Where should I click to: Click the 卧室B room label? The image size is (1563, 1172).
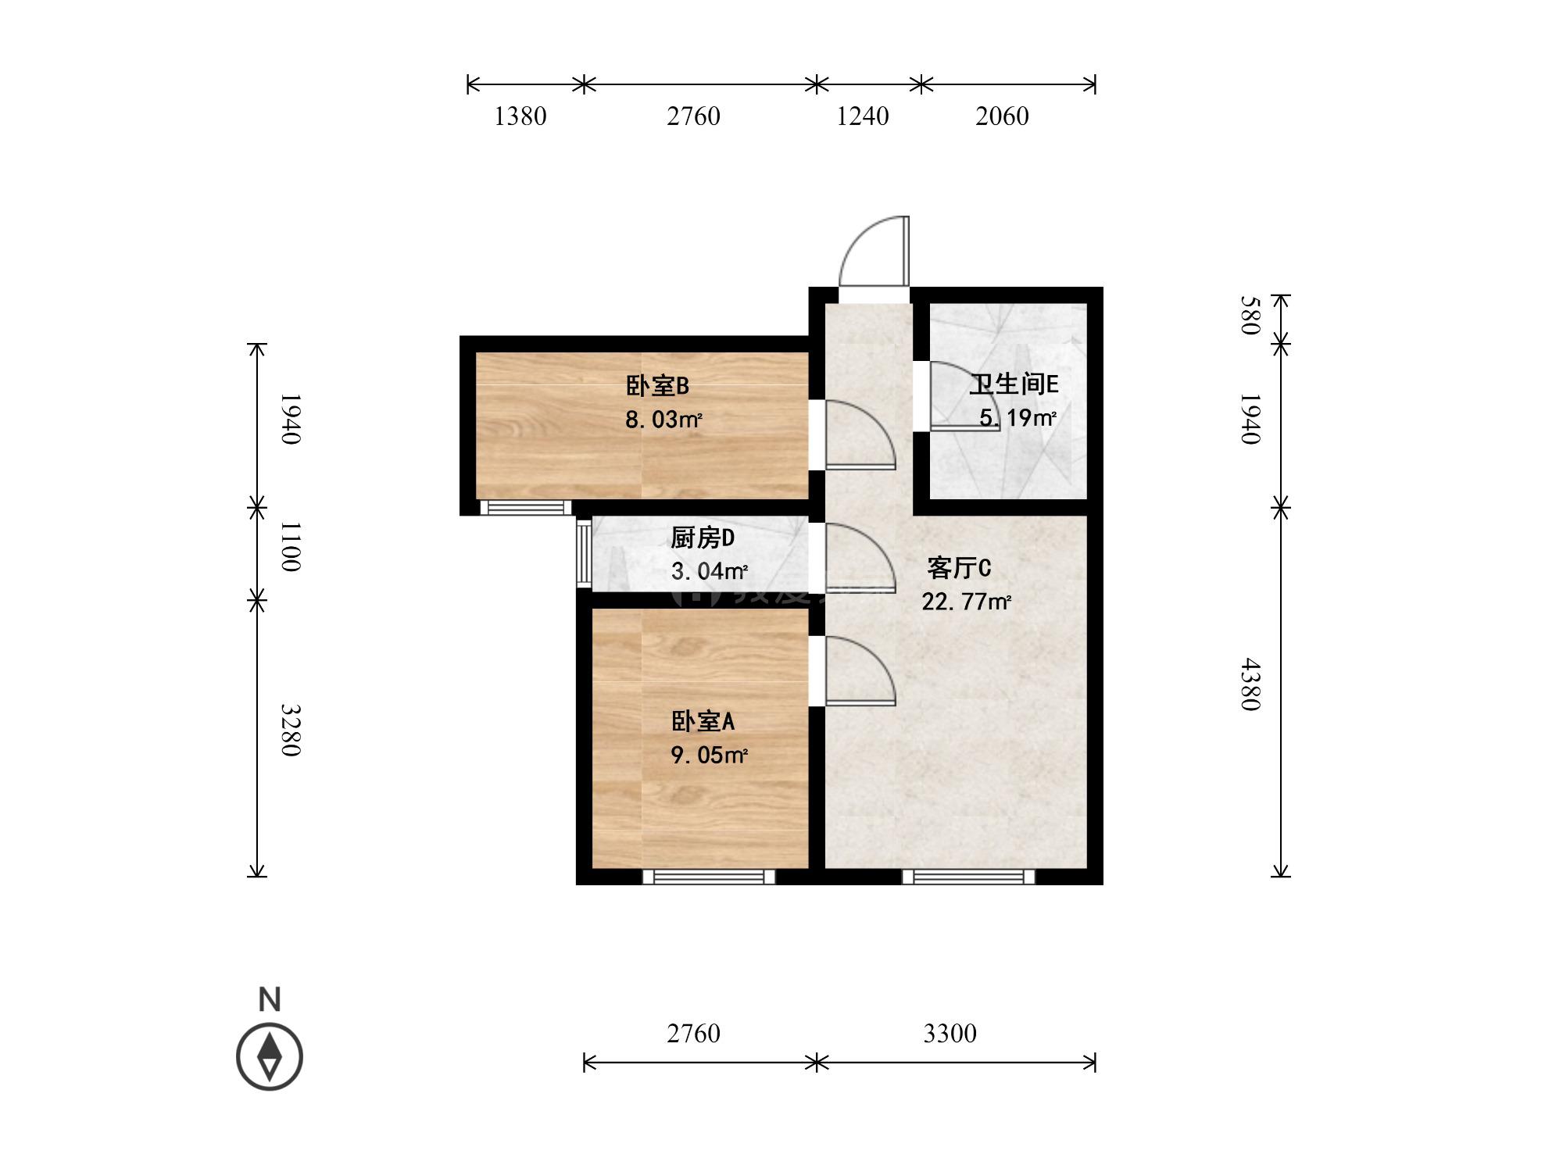(657, 386)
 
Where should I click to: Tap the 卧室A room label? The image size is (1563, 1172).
(703, 721)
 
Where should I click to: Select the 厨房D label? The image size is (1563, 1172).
(703, 538)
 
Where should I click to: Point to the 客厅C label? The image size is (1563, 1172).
(959, 567)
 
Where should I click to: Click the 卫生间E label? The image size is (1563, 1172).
(1014, 384)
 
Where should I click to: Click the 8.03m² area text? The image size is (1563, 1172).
(663, 420)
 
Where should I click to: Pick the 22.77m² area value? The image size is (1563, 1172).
(966, 602)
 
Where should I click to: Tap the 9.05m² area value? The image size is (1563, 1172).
(709, 755)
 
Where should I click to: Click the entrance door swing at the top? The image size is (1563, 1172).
(874, 251)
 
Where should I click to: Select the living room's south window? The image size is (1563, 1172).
(968, 877)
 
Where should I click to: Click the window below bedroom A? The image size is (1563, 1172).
(709, 877)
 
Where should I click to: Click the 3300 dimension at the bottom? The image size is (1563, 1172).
(950, 1034)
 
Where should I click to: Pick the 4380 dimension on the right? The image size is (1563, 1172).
(1250, 684)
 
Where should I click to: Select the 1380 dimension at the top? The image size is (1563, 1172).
(520, 116)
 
